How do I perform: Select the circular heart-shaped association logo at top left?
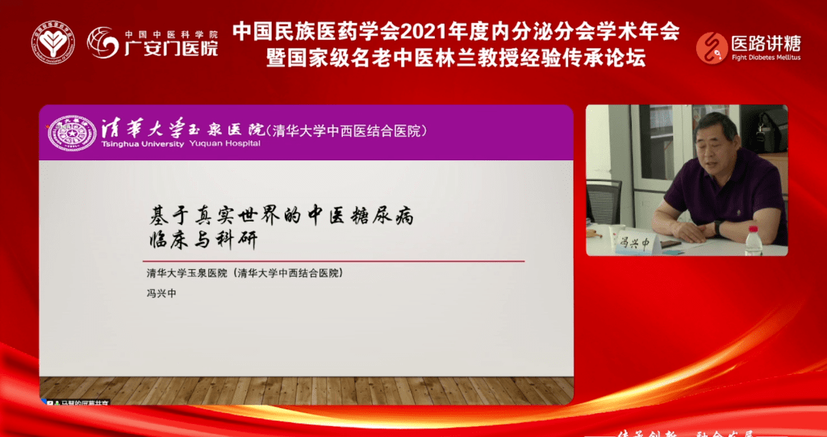tap(53, 42)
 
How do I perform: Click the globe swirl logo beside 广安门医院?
tap(103, 43)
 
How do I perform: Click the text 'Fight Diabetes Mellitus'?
tap(767, 58)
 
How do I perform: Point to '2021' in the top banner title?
tap(422, 31)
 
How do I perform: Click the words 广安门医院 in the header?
tap(172, 49)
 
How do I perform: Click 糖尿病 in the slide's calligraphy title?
tap(381, 216)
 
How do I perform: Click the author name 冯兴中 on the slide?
tap(161, 293)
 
